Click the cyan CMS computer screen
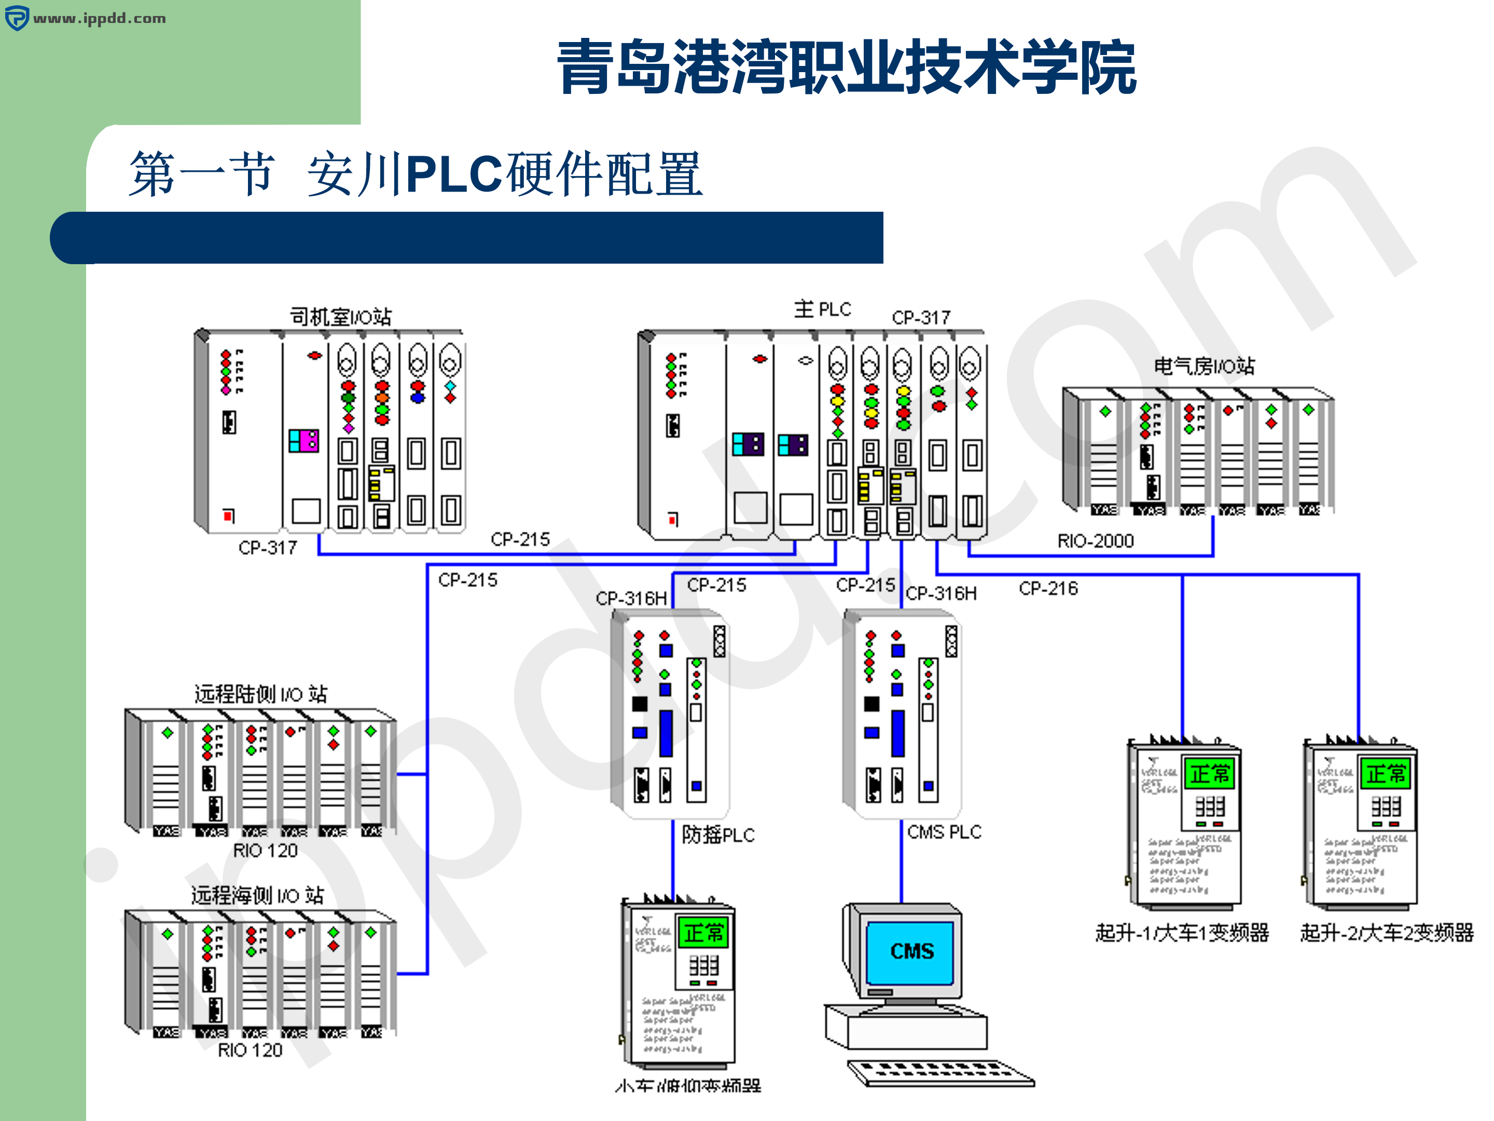tap(910, 951)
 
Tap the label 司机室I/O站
tap(340, 316)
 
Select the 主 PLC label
tap(822, 309)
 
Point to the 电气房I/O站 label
tap(1203, 366)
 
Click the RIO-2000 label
tap(1095, 541)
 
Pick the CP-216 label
tap(1048, 589)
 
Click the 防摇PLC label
tap(718, 835)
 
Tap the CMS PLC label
tap(944, 832)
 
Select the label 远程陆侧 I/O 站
tap(261, 694)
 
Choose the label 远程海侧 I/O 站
tap(257, 895)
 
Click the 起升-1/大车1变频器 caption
tap(1182, 933)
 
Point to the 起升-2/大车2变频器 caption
tap(1387, 933)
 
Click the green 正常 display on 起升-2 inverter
tap(1385, 774)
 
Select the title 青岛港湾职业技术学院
tap(846, 66)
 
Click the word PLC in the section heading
tap(454, 174)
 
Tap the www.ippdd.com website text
tap(99, 18)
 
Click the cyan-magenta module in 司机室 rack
tap(303, 441)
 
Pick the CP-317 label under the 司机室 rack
tap(268, 548)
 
